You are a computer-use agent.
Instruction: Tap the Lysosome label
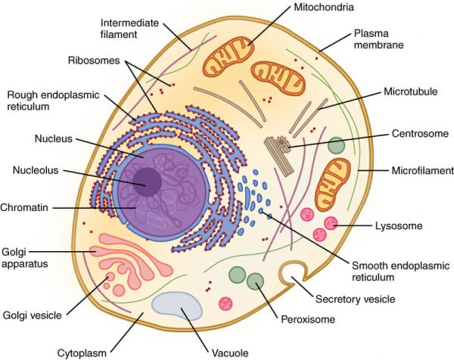click(394, 225)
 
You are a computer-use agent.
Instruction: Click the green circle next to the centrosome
click(335, 145)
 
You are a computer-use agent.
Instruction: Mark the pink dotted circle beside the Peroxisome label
click(226, 304)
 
